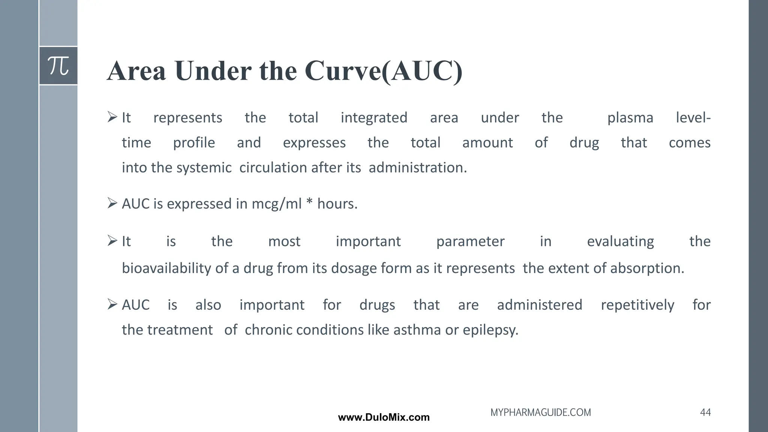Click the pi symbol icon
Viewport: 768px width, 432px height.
click(58, 66)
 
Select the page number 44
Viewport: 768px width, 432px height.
click(705, 412)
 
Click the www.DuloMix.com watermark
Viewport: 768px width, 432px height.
click(384, 417)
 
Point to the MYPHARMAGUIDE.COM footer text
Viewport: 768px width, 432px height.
click(540, 412)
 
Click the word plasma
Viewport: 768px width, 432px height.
click(630, 118)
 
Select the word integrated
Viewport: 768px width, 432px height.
click(374, 118)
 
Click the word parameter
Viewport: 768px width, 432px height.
click(470, 241)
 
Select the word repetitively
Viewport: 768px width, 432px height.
click(637, 305)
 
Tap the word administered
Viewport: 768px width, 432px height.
click(540, 305)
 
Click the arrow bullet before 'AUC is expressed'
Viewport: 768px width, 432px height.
click(112, 203)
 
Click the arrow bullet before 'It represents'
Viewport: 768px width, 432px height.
click(112, 117)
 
